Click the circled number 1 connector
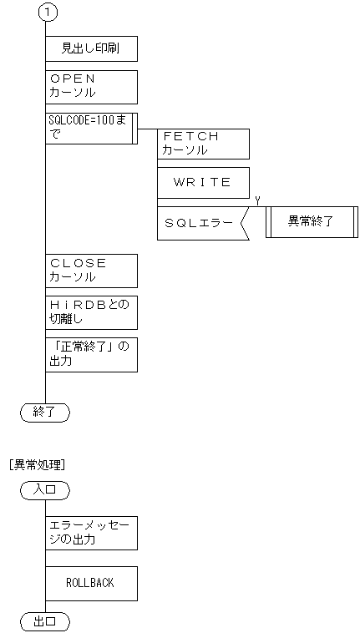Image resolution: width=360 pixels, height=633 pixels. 45,13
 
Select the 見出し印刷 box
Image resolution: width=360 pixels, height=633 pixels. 90,49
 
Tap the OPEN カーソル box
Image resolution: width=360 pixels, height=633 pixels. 90,86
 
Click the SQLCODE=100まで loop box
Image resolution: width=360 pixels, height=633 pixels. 90,128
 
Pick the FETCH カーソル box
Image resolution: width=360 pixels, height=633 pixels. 203,143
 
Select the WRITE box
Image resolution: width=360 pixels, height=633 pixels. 203,183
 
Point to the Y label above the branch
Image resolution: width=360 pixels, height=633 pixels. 257,199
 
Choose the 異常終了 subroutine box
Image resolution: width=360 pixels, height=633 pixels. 311,222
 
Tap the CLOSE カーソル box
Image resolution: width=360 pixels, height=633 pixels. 90,271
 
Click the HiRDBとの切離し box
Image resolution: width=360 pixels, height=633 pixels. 90,311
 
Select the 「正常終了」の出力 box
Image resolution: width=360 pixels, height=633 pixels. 90,354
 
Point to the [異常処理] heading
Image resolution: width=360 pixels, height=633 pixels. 37,464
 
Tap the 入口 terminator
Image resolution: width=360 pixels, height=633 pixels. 45,490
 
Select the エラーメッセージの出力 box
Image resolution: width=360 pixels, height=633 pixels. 90,533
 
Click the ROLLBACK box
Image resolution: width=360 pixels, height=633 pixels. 90,583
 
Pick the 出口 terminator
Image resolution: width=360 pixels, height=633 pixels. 45,621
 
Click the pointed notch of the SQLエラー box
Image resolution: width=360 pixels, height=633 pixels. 242,223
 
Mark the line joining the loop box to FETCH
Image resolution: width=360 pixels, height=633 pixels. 147,129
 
